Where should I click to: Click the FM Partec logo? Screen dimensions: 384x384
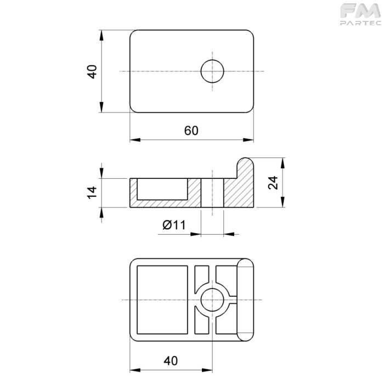[360, 14]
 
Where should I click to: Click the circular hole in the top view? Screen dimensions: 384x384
[212, 71]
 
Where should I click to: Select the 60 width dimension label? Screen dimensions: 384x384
[191, 131]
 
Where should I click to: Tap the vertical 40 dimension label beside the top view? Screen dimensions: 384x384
[92, 72]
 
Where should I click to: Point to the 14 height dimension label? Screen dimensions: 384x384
[92, 193]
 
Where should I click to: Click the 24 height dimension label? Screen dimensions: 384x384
[273, 183]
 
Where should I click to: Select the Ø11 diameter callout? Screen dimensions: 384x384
[174, 225]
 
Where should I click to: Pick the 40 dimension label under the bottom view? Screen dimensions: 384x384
[171, 361]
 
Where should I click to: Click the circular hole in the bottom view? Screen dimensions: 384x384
[212, 300]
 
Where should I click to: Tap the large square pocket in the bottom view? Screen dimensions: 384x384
[162, 300]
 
